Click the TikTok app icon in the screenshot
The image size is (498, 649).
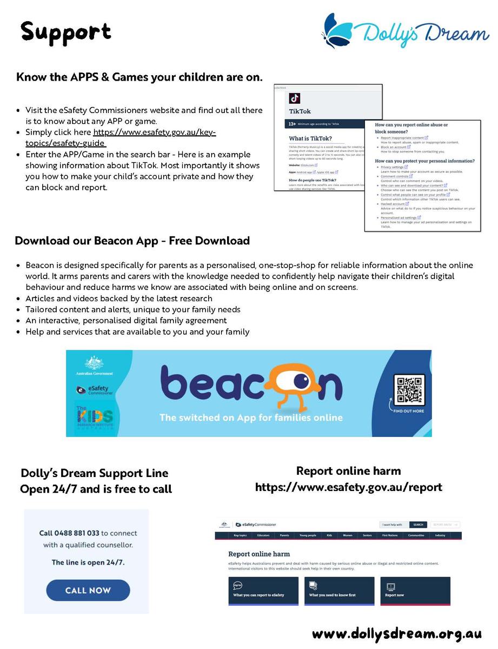[295, 98]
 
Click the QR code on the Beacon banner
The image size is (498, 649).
[408, 389]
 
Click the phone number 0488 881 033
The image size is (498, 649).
[77, 533]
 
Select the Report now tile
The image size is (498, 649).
[415, 591]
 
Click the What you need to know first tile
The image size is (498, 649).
[339, 591]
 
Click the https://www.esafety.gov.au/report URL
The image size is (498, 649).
[348, 487]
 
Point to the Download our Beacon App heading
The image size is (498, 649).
[132, 241]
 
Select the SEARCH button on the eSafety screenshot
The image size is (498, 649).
[419, 525]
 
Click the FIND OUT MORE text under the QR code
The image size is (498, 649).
[408, 412]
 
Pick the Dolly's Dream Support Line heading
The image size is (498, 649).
[95, 473]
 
